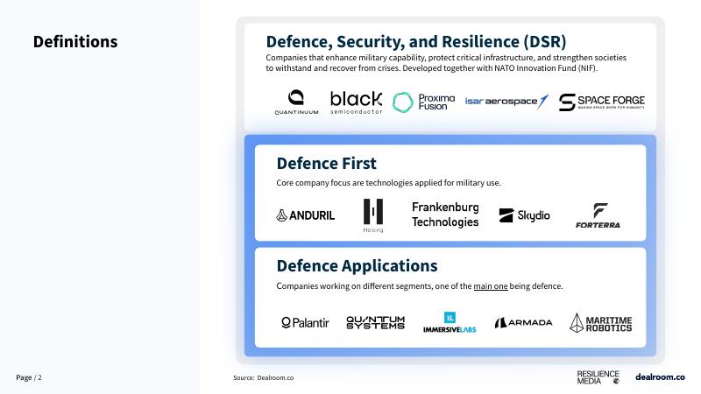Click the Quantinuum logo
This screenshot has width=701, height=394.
pyautogui.click(x=296, y=102)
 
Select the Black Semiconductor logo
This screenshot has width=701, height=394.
pyautogui.click(x=356, y=102)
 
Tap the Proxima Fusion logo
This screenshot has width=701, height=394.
pyautogui.click(x=424, y=102)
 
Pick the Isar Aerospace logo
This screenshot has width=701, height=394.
pyautogui.click(x=506, y=102)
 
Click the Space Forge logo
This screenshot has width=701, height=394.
pyautogui.click(x=595, y=102)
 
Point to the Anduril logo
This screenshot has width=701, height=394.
pyautogui.click(x=305, y=215)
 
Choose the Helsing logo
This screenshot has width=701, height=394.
pyautogui.click(x=373, y=215)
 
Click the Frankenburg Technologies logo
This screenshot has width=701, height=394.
pyautogui.click(x=445, y=215)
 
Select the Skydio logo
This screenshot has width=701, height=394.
pyautogui.click(x=524, y=215)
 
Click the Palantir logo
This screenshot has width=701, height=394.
pyautogui.click(x=305, y=323)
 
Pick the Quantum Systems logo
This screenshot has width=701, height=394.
pyautogui.click(x=375, y=323)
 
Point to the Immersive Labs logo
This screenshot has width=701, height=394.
pyautogui.click(x=450, y=323)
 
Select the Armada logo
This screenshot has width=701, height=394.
pyautogui.click(x=523, y=323)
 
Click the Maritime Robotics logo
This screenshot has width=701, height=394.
pyautogui.click(x=600, y=323)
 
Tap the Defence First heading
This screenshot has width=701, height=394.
pyautogui.click(x=326, y=164)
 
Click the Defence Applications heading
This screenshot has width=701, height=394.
pyautogui.click(x=357, y=266)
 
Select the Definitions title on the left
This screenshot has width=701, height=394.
pyautogui.click(x=75, y=42)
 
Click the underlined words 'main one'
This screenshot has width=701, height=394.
pyautogui.click(x=491, y=286)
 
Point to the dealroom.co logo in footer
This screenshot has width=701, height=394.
pyautogui.click(x=660, y=376)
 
